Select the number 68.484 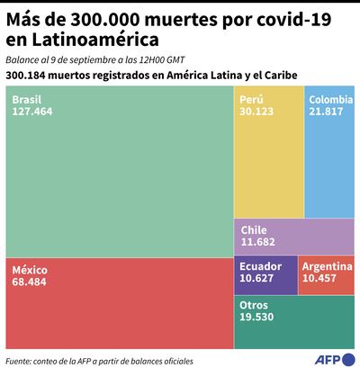pos(31,283)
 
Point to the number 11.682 pos(260,242)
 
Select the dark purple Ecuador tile pos(266,274)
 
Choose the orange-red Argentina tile pos(328,274)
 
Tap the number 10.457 pos(322,279)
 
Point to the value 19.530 pos(261,318)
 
